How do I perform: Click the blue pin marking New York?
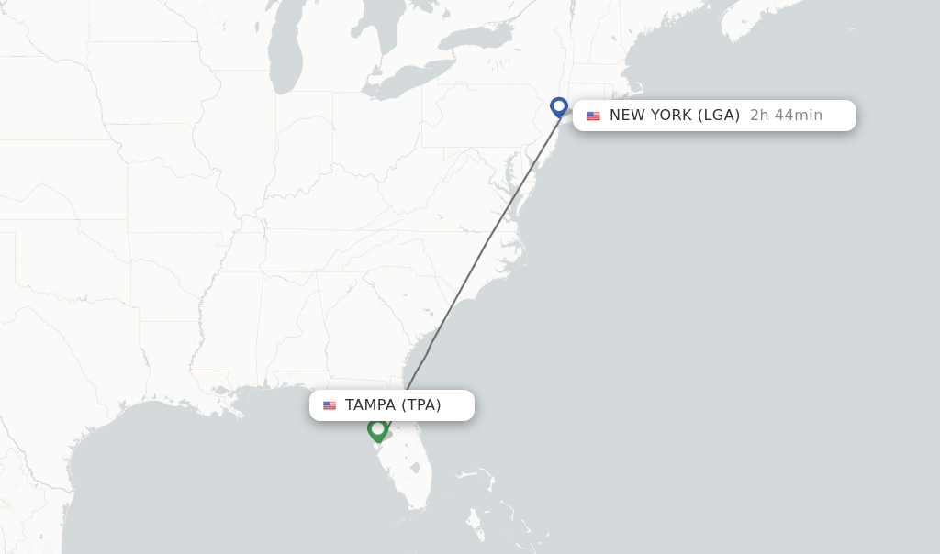[x=559, y=106]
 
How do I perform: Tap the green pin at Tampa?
[x=377, y=428]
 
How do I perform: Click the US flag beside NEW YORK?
[x=594, y=116]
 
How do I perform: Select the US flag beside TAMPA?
[x=330, y=405]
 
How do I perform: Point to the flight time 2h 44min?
[x=786, y=116]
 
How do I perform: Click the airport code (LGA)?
[x=719, y=116]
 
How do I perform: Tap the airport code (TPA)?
[x=420, y=405]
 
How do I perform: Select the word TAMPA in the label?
[x=370, y=405]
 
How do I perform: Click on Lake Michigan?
[x=286, y=55]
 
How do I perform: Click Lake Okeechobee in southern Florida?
[x=416, y=468]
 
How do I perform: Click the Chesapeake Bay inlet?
[x=510, y=183]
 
